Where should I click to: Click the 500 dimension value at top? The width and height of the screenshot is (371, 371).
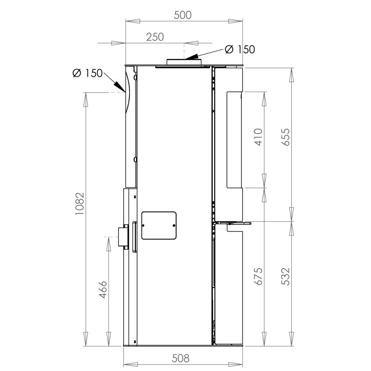click(182, 15)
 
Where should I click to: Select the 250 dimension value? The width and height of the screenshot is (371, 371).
click(155, 37)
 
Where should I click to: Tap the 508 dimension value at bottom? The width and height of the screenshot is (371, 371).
click(180, 358)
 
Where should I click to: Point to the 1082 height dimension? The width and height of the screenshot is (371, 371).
click(80, 204)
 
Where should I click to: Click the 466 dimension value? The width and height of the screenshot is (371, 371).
click(103, 289)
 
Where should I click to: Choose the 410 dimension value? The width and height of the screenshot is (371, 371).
click(258, 137)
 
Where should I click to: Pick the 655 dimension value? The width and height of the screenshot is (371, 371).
click(286, 137)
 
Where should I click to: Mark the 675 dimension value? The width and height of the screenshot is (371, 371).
click(258, 276)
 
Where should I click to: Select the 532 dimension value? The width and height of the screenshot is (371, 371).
click(286, 276)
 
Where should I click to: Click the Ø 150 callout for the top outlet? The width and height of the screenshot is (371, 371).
click(240, 50)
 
